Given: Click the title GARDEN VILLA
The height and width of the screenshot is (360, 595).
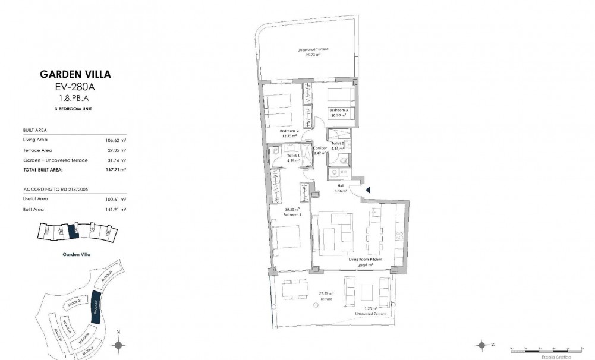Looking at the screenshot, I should tap(75, 75).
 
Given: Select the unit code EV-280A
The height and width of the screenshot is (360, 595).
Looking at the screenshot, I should tap(75, 87).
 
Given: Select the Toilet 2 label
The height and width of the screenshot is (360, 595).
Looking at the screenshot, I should tap(338, 143).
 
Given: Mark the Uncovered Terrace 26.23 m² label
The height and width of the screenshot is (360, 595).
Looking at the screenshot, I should tap(313, 50).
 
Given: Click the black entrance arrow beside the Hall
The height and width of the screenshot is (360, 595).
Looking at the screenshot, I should tap(368, 190).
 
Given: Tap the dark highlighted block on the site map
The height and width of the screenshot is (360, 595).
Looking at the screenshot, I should tap(95, 310).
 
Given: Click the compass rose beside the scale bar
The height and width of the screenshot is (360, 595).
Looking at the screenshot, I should tap(483, 345).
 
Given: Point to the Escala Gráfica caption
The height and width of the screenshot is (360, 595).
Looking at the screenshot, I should tap(561, 358).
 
